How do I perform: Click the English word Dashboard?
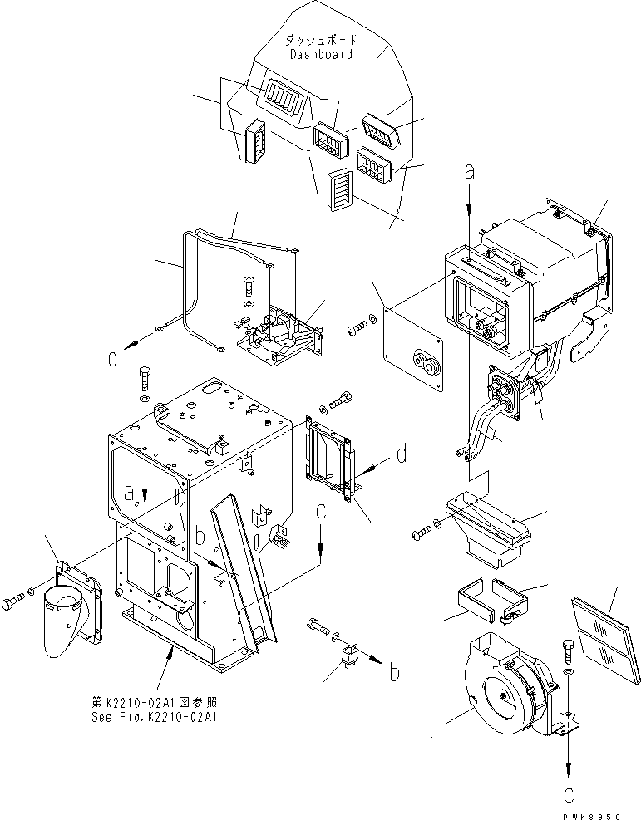[x=321, y=54]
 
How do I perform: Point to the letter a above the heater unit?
[x=470, y=173]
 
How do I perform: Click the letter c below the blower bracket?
[x=569, y=794]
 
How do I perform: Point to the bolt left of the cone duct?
[x=15, y=599]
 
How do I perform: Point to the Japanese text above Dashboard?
[x=320, y=39]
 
